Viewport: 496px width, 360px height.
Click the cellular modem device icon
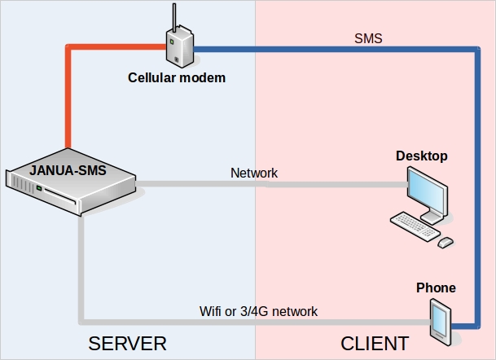(179, 50)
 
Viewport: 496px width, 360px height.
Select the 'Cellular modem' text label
(177, 78)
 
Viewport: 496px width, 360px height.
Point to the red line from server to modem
(67, 98)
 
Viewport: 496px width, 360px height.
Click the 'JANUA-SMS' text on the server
(68, 171)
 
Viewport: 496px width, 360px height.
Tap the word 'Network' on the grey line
(254, 173)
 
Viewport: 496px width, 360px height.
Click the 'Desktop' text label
(422, 156)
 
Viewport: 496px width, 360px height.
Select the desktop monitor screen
(428, 190)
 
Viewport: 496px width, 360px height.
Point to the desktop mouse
(446, 242)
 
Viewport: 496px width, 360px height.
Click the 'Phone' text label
(436, 288)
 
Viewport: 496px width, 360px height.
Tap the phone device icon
(440, 320)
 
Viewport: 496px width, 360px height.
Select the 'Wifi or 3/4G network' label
(258, 311)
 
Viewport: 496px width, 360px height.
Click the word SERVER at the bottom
(127, 341)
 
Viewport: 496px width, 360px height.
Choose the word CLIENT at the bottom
(374, 341)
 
